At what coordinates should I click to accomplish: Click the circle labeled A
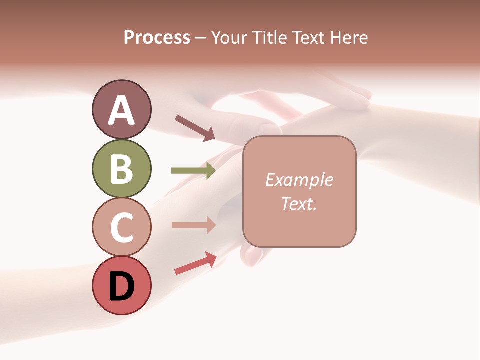pos(121,109)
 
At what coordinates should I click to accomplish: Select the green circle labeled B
pos(121,168)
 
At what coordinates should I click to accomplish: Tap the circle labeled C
pos(121,227)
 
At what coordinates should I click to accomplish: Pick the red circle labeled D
pos(121,286)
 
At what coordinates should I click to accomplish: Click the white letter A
pos(121,110)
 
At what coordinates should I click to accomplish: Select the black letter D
pos(122,287)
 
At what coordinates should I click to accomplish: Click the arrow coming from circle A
pos(195,128)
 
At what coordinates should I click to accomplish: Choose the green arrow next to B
pos(193,171)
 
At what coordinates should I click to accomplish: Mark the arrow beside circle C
pos(193,225)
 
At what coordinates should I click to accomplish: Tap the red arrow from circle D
pos(195,263)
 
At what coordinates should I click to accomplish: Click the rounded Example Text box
pos(299,191)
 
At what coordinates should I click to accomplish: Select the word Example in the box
pos(299,180)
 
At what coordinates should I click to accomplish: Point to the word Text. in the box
pos(299,203)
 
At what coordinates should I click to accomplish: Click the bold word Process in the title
pos(157,37)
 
